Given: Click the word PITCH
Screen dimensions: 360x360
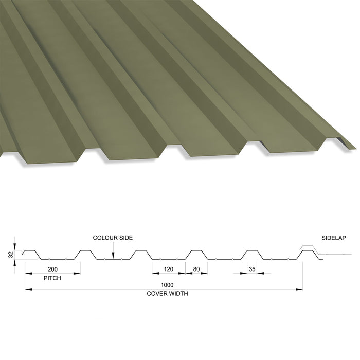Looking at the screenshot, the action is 52,278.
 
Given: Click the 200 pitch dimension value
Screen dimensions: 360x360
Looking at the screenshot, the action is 52,269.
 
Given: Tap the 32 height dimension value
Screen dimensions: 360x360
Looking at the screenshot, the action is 11,255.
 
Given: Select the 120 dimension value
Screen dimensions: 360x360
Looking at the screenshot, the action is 168,269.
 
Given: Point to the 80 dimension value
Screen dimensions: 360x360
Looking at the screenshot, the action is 196,269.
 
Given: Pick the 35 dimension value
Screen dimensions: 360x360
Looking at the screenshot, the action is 252,269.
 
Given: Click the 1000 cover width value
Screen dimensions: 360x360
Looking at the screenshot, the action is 167,285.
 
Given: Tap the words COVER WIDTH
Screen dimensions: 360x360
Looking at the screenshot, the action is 167,294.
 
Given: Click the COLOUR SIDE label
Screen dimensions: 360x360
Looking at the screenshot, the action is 113,238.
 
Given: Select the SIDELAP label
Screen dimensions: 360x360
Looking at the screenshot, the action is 333,238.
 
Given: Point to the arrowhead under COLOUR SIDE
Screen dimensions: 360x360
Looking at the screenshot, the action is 113,256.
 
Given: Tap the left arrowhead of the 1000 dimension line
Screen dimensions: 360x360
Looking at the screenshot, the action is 28,289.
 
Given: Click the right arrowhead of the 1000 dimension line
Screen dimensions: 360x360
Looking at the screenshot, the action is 299,289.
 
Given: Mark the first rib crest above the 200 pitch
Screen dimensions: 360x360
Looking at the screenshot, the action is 30,250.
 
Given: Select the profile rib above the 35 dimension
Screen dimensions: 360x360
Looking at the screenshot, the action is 252,255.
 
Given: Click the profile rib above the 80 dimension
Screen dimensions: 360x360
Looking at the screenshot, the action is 196,255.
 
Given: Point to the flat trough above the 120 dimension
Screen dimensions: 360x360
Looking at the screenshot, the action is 169,259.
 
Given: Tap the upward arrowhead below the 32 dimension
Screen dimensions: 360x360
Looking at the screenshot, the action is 15,263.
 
